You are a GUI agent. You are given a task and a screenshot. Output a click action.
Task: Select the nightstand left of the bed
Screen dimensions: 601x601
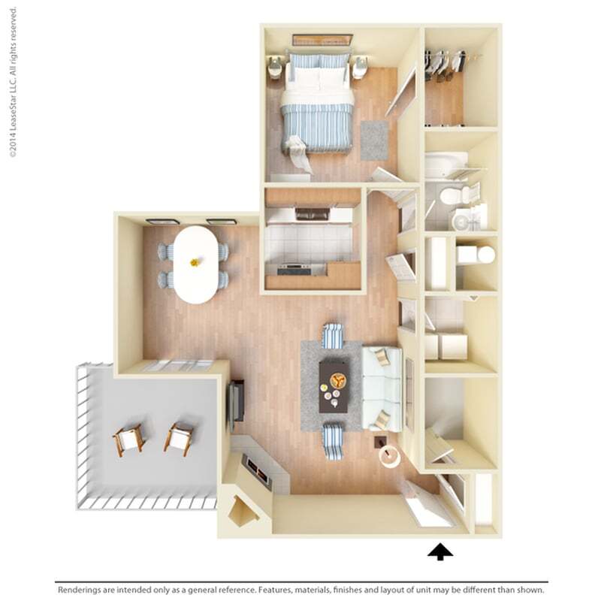[x=274, y=69]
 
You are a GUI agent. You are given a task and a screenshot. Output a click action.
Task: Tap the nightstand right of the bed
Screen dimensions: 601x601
[x=360, y=68]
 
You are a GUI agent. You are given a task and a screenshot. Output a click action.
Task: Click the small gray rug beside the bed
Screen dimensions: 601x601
[x=374, y=140]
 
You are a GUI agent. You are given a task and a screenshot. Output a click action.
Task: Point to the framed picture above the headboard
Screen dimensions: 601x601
[x=322, y=40]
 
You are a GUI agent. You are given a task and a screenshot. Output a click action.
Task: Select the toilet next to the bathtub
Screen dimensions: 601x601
[x=453, y=196]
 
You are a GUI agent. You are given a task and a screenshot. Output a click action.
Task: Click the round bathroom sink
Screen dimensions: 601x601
[x=460, y=220]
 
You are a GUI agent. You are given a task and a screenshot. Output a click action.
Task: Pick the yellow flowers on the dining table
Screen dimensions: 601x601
[x=195, y=262]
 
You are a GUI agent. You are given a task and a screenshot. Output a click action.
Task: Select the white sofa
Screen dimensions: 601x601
[x=382, y=388]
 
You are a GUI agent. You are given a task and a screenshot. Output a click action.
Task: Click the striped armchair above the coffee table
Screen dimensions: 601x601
[x=333, y=335]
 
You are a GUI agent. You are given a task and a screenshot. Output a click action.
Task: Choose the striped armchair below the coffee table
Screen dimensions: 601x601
[x=333, y=441]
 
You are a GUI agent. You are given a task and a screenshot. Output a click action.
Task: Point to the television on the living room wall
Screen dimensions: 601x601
[x=237, y=401]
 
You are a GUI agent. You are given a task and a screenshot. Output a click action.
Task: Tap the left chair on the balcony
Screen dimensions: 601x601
[x=128, y=440]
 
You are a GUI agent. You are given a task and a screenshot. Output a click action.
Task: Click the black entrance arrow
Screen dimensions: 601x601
[x=440, y=552]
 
